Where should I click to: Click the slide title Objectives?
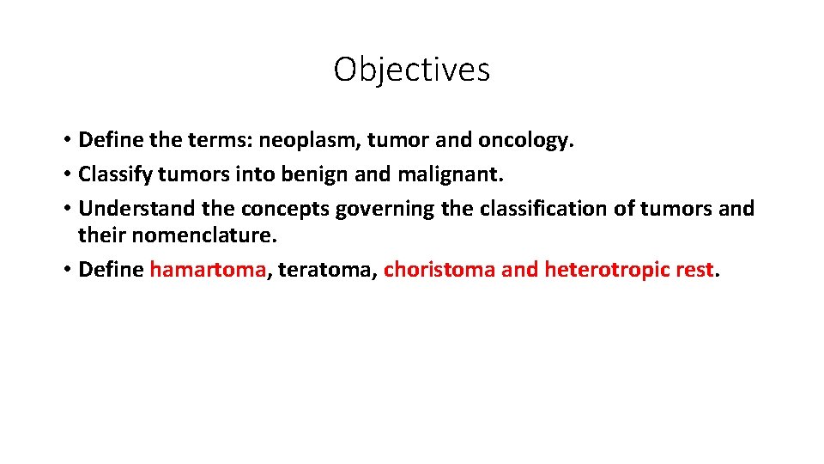tap(411, 70)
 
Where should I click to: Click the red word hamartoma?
tap(208, 270)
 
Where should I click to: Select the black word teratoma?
tap(325, 270)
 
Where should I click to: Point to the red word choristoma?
tap(439, 270)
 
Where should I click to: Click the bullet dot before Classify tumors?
tap(66, 174)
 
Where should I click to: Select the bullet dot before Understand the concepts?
tap(66, 209)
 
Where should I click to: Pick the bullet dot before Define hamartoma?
tap(66, 270)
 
